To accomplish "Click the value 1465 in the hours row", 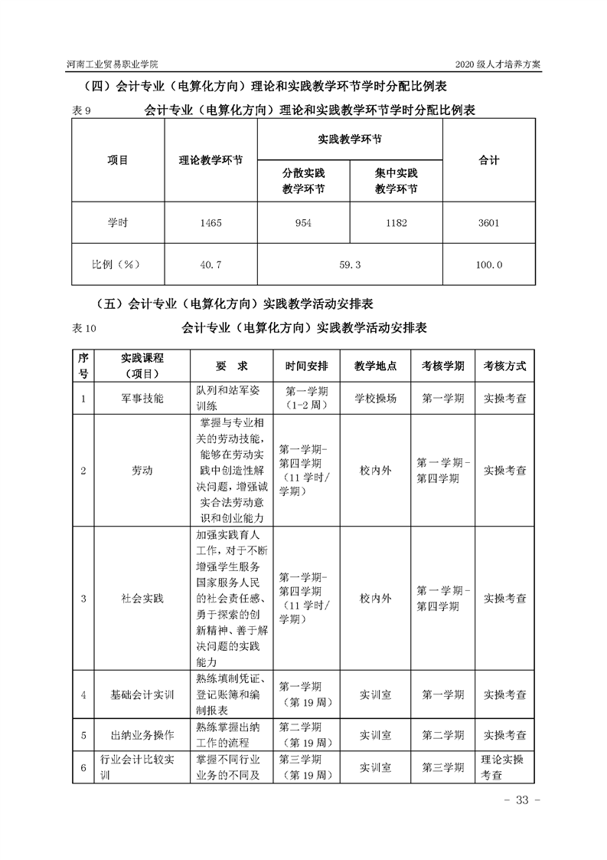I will coord(210,223).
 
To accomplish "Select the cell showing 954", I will coord(303,223).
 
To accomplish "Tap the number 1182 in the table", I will coord(396,223).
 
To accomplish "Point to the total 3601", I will coord(488,223).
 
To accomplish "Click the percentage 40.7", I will coord(210,264).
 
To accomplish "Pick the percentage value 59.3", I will coord(349,264).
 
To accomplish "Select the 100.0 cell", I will coord(488,264).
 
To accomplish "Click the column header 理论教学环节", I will coord(210,161).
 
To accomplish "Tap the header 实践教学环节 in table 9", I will coord(349,140).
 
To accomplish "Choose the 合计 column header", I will coord(488,161).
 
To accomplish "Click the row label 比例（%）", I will coord(117,264).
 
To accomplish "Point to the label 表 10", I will coord(85,328).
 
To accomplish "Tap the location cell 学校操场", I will coord(376,399).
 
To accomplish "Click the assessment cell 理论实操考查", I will coord(504,767).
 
